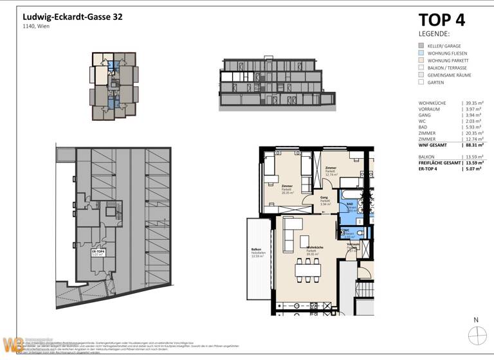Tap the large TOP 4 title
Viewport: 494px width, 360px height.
pyautogui.click(x=442, y=20)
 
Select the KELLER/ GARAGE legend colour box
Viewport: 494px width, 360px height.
pyautogui.click(x=421, y=46)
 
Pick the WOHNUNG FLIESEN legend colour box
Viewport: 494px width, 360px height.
pyautogui.click(x=421, y=53)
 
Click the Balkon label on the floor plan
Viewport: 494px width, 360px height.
pyautogui.click(x=257, y=253)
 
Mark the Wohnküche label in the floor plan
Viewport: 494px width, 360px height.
pyautogui.click(x=313, y=249)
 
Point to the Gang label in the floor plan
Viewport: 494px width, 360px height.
pyautogui.click(x=325, y=200)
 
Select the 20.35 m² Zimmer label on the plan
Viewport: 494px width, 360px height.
pyautogui.click(x=287, y=189)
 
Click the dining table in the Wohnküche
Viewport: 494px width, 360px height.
pyautogui.click(x=309, y=269)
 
